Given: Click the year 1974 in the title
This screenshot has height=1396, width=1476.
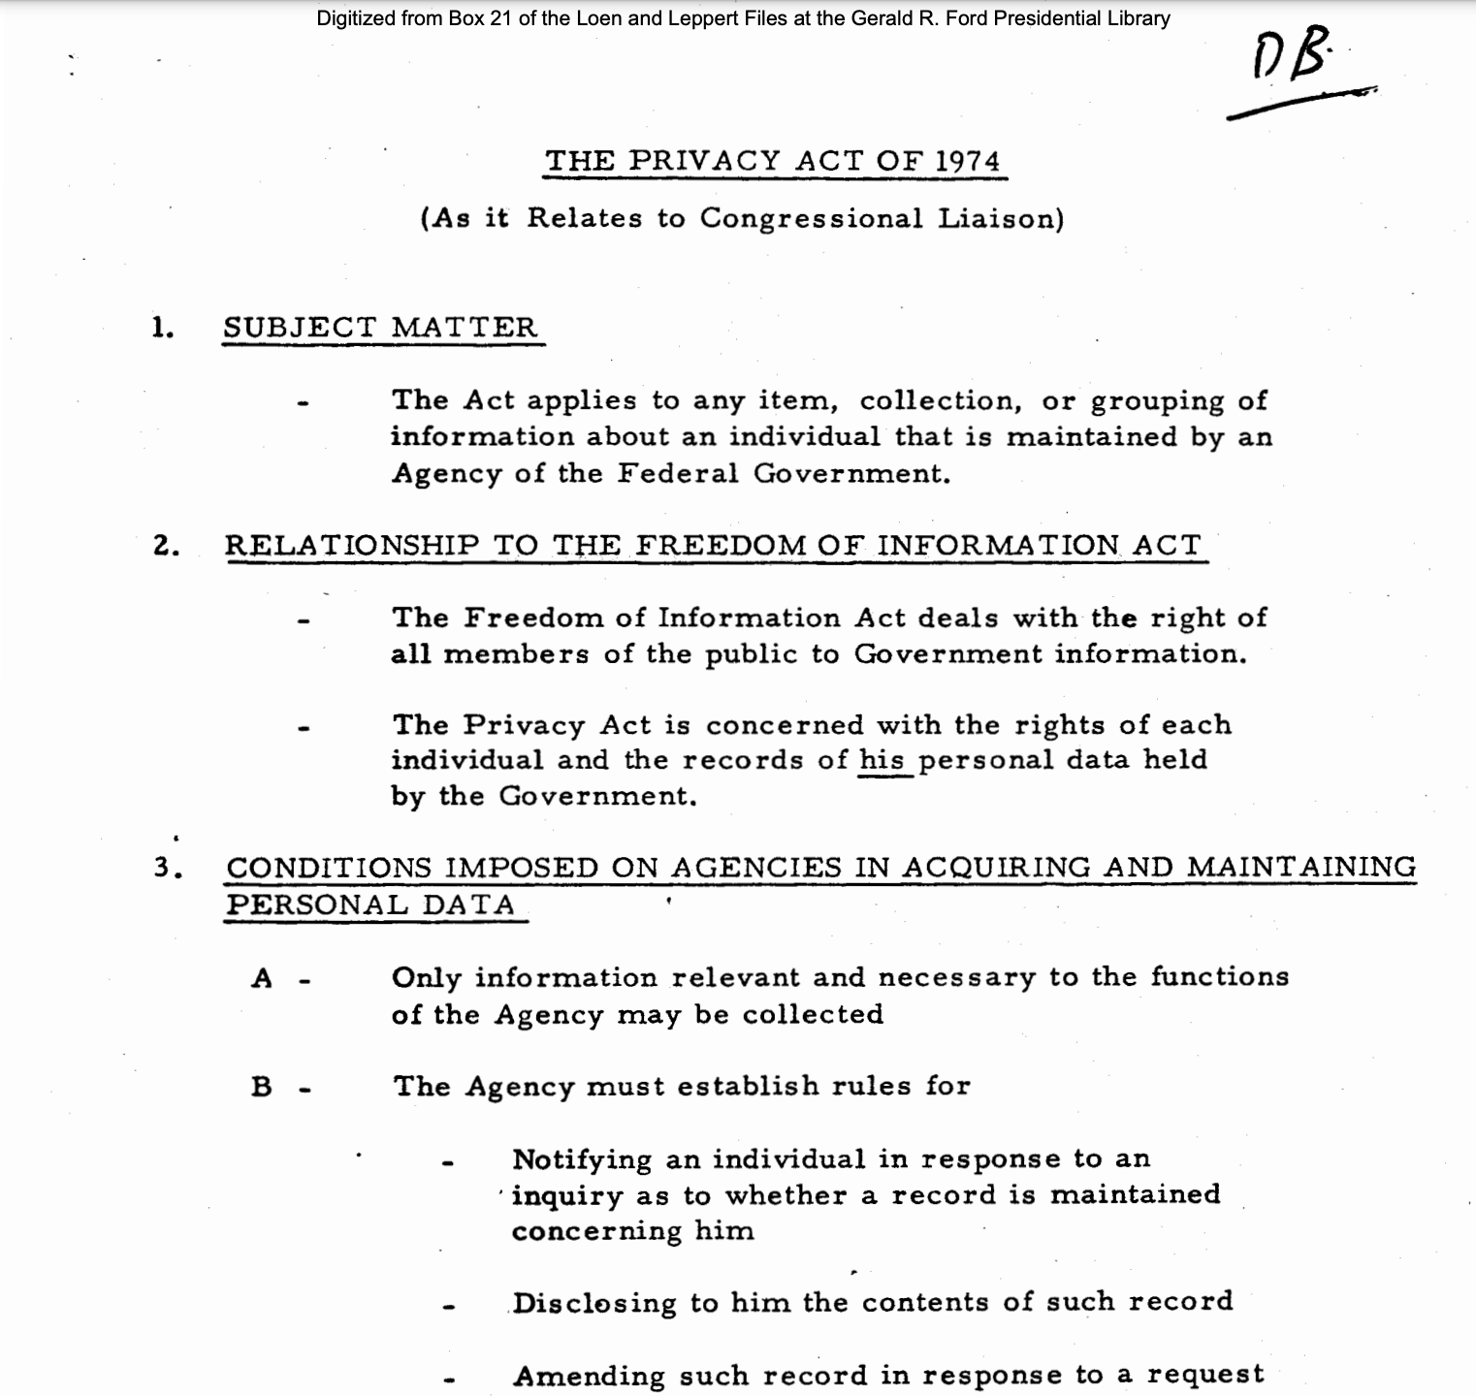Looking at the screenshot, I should (x=967, y=161).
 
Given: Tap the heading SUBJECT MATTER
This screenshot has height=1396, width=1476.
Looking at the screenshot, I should (x=380, y=328).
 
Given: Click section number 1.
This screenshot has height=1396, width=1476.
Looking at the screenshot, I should (x=162, y=328).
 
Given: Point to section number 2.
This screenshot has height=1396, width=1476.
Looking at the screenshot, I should (x=166, y=546).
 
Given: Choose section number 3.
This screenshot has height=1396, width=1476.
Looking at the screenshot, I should (x=167, y=867).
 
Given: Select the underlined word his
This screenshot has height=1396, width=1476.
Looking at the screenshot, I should (x=882, y=760).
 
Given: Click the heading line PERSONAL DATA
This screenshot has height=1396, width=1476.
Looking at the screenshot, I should (x=370, y=905).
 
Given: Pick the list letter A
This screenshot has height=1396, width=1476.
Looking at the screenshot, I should (x=262, y=978).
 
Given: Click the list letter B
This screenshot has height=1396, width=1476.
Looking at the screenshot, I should (x=262, y=1087).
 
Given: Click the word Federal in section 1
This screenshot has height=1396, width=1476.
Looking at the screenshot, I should (x=678, y=474).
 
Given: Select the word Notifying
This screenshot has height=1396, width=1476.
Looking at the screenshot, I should (x=582, y=1159).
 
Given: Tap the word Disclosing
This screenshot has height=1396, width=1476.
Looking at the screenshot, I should (x=594, y=1303).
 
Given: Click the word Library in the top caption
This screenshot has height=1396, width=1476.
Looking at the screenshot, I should (x=1139, y=18).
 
